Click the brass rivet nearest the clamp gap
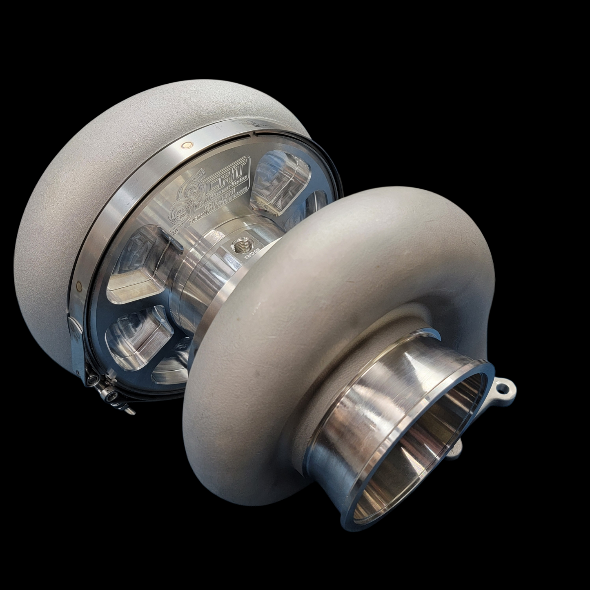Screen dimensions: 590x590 pyautogui.click(x=187, y=145)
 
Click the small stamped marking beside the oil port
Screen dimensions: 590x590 pyautogui.click(x=250, y=257)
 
